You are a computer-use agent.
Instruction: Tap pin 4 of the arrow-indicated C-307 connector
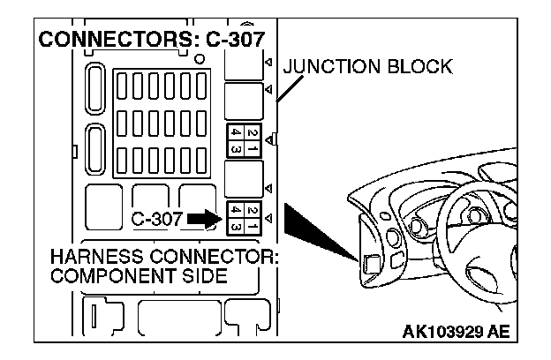coord(235,211)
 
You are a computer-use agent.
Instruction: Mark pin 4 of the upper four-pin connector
coord(235,131)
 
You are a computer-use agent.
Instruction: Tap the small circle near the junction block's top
coord(201,60)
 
